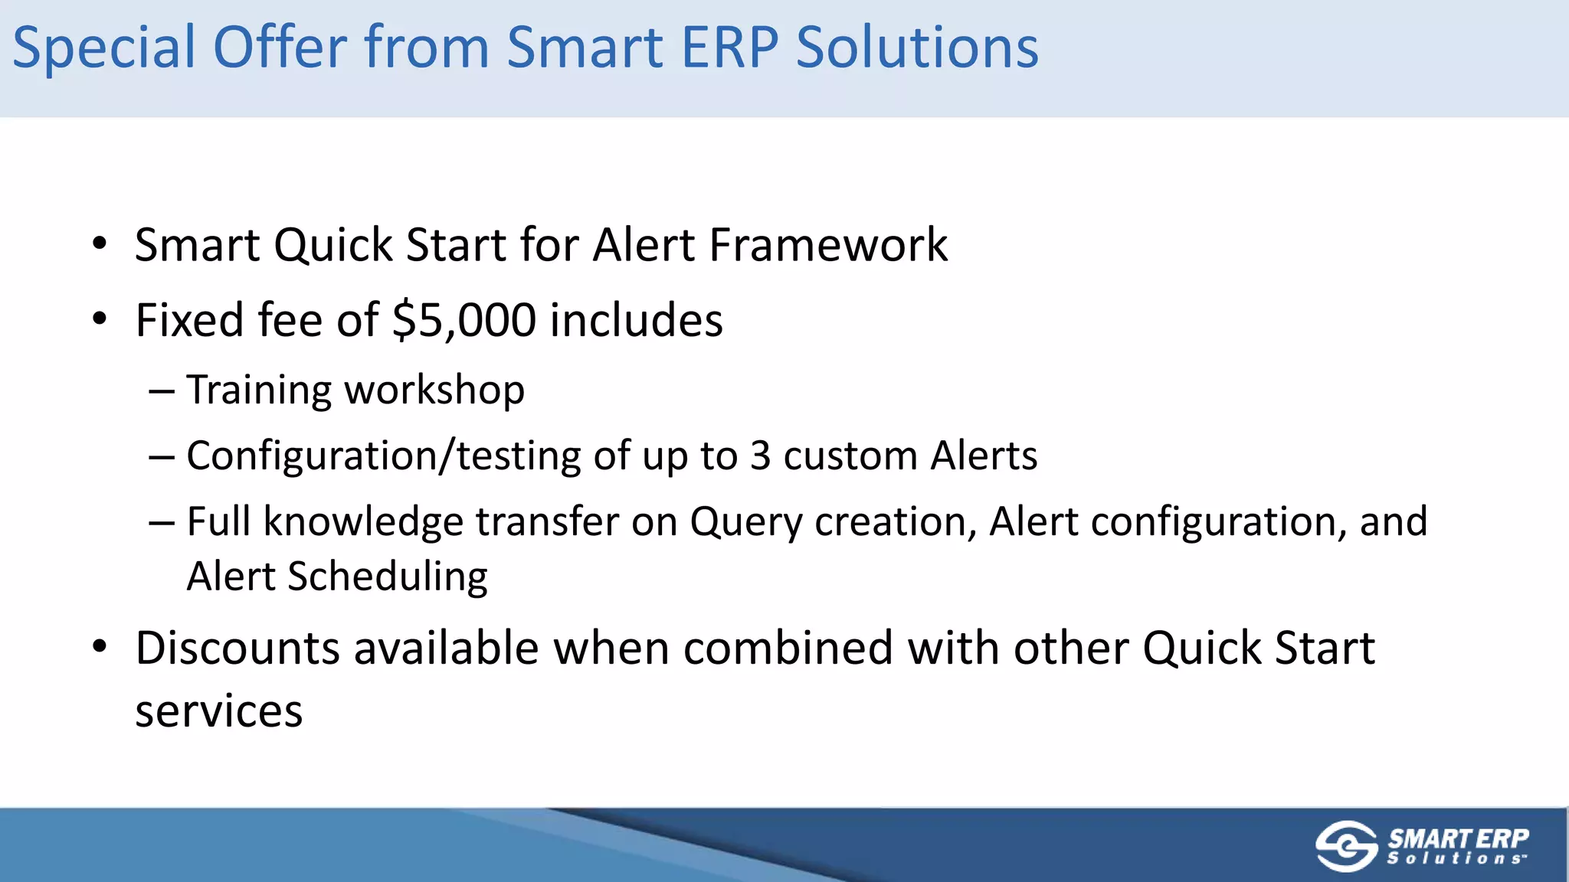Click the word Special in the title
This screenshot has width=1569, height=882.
[x=105, y=47]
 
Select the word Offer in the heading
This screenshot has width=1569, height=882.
[x=280, y=47]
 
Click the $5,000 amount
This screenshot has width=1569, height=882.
[x=463, y=320]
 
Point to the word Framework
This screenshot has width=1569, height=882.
[x=828, y=245]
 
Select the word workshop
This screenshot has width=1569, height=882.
[x=434, y=390]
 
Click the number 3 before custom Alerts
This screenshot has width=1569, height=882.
[x=760, y=456]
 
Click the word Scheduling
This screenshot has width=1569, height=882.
[x=387, y=577]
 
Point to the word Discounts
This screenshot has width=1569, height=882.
[x=237, y=648]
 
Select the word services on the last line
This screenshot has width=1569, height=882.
[x=219, y=712]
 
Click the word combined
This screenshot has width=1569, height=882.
[x=788, y=648]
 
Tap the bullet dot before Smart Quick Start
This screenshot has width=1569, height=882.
[x=100, y=245]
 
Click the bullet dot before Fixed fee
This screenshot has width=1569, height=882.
[x=100, y=319]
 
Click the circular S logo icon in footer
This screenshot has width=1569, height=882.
[x=1346, y=846]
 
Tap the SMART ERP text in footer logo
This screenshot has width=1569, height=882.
[x=1458, y=839]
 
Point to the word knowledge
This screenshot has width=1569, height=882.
[x=363, y=522]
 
